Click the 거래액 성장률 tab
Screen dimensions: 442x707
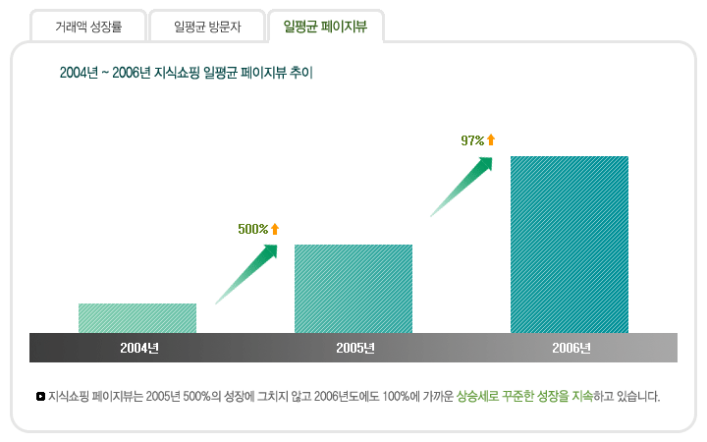click(88, 27)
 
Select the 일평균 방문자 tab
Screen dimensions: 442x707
click(207, 27)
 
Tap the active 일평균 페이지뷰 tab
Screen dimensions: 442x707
click(325, 27)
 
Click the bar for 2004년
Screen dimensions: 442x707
click(137, 318)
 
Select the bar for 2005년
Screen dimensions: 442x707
click(353, 289)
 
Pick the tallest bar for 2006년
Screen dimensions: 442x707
click(570, 245)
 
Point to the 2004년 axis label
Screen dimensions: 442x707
click(139, 348)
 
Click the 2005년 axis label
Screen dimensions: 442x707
click(354, 348)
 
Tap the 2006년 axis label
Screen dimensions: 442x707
click(571, 348)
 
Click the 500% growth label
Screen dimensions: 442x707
click(252, 229)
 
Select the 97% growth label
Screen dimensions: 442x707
click(472, 140)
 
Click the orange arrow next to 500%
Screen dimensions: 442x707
click(275, 229)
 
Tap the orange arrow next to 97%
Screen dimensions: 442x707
click(491, 139)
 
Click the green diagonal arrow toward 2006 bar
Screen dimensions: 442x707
click(462, 187)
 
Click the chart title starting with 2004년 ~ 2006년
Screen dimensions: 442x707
click(186, 73)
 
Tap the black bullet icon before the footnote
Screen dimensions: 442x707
click(39, 397)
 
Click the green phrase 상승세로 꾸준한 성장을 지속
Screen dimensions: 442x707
click(524, 397)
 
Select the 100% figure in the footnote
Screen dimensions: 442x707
click(396, 397)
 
